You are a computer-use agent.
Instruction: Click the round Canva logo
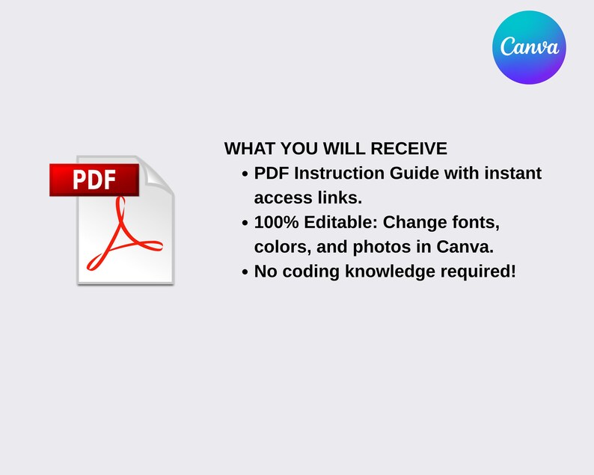point(529,47)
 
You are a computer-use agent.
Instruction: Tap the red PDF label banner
point(94,180)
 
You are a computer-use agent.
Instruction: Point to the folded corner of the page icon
point(157,174)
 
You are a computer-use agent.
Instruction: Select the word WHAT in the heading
point(248,149)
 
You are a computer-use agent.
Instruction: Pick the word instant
point(512,174)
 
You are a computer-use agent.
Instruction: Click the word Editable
point(337,223)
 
